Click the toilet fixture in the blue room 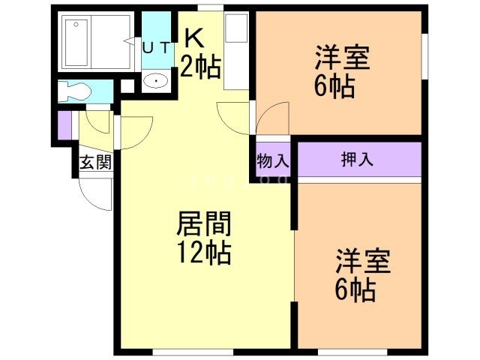pos(75,91)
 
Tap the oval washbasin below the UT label pos(156,81)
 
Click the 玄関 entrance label pos(95,163)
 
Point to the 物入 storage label pos(273,160)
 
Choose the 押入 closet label pos(358,159)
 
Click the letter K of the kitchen pos(194,38)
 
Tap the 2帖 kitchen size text pos(200,67)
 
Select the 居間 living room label pos(203,223)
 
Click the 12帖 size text pos(204,253)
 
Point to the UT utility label pos(156,48)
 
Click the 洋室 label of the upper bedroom pos(343,57)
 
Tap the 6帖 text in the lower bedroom pos(355,290)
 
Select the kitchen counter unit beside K pos(236,51)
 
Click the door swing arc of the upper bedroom pos(272,118)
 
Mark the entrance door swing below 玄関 pos(95,194)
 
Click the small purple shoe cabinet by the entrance pos(64,125)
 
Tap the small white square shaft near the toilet pos(127,86)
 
